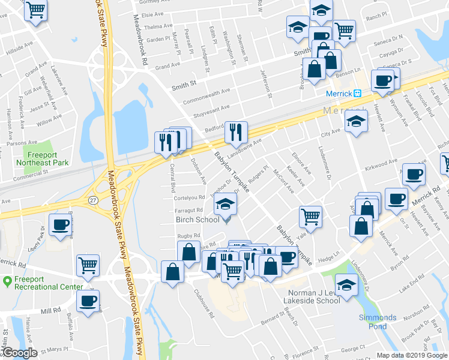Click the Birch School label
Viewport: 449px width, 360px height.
click(x=197, y=220)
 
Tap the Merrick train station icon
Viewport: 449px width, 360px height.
click(x=357, y=94)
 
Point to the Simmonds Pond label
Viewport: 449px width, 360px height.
click(x=377, y=322)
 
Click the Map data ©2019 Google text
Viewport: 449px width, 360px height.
click(x=411, y=355)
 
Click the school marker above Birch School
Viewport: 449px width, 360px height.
click(x=225, y=206)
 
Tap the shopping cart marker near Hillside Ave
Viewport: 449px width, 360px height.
click(x=36, y=10)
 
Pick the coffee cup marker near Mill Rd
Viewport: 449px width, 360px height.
click(x=88, y=301)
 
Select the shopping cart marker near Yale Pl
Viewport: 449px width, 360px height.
click(x=310, y=216)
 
